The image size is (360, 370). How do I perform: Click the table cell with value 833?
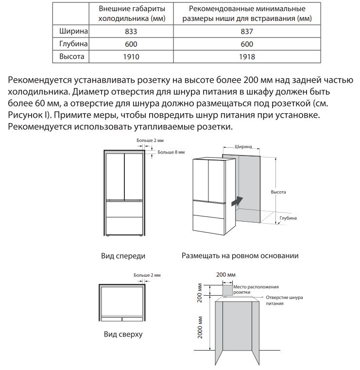tap(131, 32)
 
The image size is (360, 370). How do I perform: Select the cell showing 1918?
tap(247, 57)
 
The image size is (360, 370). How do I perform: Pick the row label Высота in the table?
tap(71, 57)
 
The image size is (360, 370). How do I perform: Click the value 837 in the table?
tap(247, 32)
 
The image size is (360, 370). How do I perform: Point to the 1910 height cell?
tap(131, 57)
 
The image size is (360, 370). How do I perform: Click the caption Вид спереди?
tap(123, 256)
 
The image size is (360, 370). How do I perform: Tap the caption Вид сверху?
tap(123, 335)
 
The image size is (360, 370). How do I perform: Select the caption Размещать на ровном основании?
tap(240, 256)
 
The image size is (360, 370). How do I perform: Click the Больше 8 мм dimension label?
tap(171, 152)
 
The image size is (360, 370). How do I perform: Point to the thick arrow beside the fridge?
tap(236, 199)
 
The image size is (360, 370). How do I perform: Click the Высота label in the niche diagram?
tap(278, 192)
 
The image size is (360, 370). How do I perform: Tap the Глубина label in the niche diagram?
tap(288, 219)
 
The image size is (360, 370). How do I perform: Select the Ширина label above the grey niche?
tap(243, 146)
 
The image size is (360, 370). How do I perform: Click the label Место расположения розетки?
tap(256, 290)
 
